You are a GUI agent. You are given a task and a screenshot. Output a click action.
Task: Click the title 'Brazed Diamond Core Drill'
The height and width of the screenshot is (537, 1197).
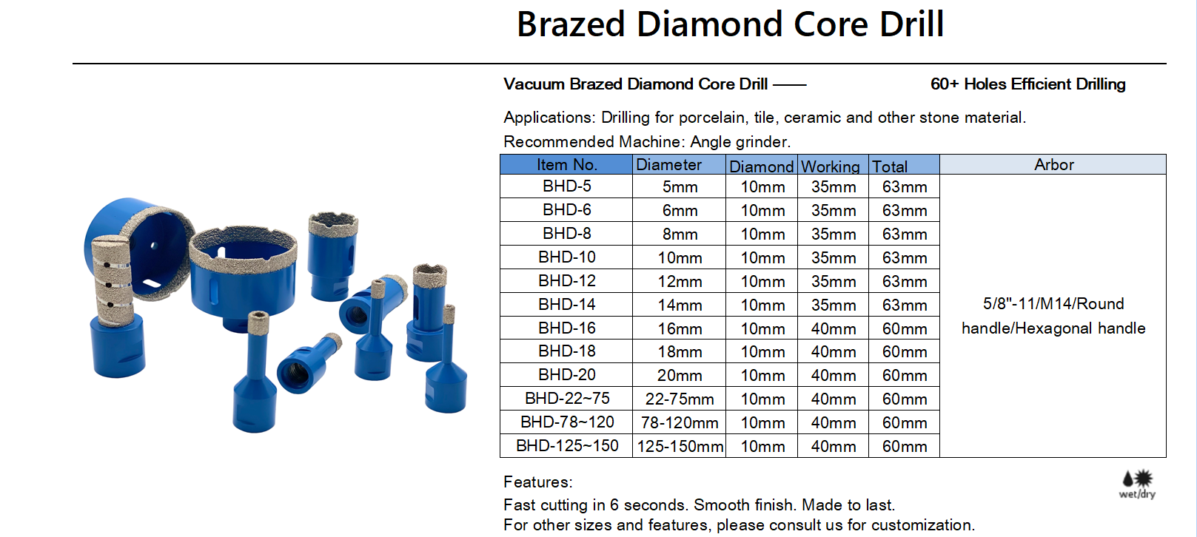[x=730, y=24]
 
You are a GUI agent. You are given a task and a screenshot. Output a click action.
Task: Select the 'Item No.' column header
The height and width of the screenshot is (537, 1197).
[x=566, y=164]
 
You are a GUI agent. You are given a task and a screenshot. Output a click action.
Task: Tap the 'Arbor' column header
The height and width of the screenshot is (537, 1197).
[x=1053, y=164]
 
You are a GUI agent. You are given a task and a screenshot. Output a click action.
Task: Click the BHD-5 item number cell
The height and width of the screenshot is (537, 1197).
[x=566, y=186]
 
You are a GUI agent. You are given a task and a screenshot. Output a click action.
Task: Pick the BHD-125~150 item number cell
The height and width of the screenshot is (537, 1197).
[x=566, y=446]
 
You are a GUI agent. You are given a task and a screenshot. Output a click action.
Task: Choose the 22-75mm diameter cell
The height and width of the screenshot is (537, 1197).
[x=680, y=399]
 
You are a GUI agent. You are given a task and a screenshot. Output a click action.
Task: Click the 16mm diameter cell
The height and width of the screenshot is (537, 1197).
[x=680, y=328]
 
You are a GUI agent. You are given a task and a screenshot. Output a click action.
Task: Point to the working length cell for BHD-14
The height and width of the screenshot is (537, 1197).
[x=833, y=305]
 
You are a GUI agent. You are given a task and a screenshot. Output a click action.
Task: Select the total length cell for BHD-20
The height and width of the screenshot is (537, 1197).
[x=904, y=375]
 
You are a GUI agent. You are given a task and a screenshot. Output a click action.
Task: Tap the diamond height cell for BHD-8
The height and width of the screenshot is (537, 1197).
[x=762, y=234]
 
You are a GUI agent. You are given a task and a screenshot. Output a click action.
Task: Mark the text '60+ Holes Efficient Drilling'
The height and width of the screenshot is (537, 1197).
[x=1027, y=84]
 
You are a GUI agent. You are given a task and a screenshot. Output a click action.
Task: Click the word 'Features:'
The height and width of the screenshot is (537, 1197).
[x=537, y=482]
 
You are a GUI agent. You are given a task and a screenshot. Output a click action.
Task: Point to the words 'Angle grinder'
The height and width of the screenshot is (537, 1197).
[x=739, y=142]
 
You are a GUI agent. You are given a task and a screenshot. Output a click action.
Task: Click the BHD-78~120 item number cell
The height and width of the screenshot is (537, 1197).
[x=566, y=422]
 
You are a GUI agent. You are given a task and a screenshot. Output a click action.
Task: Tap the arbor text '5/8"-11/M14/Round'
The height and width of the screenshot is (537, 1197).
[x=1053, y=304]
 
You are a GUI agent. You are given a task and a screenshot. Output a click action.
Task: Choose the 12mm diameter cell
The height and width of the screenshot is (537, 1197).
[x=680, y=281]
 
